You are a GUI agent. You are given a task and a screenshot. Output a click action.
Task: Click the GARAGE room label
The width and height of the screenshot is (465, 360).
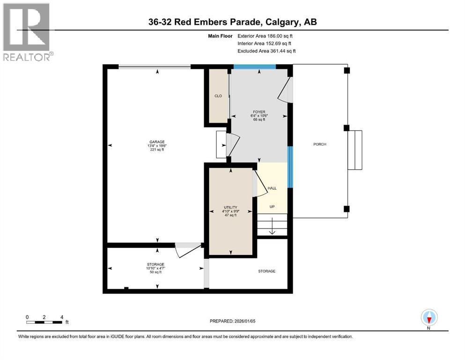(x=157, y=142)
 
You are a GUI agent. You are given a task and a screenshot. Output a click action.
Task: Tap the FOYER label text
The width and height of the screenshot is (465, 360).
(x=259, y=112)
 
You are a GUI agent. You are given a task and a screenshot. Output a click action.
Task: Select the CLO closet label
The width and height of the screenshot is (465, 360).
(x=218, y=96)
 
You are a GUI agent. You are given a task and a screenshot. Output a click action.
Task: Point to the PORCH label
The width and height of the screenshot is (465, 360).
(x=320, y=144)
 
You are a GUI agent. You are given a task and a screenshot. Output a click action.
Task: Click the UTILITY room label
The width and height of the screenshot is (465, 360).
(x=230, y=208)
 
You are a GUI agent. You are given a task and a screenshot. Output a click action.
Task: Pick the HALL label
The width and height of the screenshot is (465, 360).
(x=272, y=188)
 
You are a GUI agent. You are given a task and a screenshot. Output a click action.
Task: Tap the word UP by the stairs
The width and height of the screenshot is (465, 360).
(x=272, y=207)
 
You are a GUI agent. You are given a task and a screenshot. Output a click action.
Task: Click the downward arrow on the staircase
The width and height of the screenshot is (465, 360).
(x=272, y=226)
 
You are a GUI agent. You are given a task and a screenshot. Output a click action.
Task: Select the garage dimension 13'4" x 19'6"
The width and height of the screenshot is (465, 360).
(x=157, y=146)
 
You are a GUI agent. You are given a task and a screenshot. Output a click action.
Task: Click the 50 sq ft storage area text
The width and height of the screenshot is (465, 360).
(x=155, y=272)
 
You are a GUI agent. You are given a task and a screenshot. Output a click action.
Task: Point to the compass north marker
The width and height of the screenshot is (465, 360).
(x=429, y=318)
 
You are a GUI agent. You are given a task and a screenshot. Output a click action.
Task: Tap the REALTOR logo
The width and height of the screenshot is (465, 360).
(x=27, y=32)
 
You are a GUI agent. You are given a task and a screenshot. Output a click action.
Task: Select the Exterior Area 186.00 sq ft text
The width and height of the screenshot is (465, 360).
(x=265, y=36)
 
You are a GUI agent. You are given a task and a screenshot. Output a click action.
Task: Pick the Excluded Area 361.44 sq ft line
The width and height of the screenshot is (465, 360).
(x=266, y=51)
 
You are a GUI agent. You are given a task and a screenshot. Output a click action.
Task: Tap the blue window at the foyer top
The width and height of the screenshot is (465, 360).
(x=255, y=67)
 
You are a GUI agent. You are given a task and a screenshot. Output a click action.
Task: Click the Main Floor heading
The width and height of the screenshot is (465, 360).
(x=220, y=36)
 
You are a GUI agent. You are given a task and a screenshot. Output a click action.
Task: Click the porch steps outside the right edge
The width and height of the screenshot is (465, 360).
(x=355, y=150)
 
